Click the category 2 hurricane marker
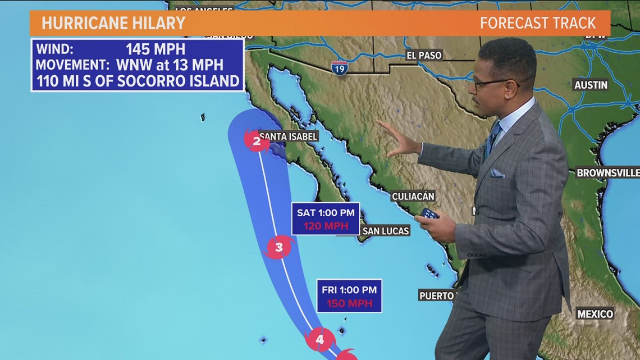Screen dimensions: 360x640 [x=257, y=140]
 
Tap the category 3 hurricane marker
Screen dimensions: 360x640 [x=278, y=246]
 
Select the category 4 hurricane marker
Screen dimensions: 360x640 [x=319, y=339]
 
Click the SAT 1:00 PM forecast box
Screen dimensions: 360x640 [x=326, y=218]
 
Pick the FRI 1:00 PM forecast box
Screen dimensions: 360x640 [x=349, y=296]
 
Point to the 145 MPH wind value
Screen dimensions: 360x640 [x=155, y=49]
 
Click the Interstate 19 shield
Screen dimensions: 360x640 [x=339, y=68]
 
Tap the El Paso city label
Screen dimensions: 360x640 [x=424, y=55]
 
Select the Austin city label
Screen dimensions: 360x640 [x=591, y=85]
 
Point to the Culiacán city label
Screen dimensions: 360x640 [x=413, y=196]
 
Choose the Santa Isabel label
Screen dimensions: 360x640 [x=289, y=136]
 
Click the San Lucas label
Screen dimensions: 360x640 [x=386, y=231]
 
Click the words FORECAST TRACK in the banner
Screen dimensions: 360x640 [x=537, y=23]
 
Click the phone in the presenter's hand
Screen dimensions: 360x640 [x=429, y=213]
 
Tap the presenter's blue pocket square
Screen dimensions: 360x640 [x=497, y=173]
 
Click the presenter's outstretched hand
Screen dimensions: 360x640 [x=400, y=140]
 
